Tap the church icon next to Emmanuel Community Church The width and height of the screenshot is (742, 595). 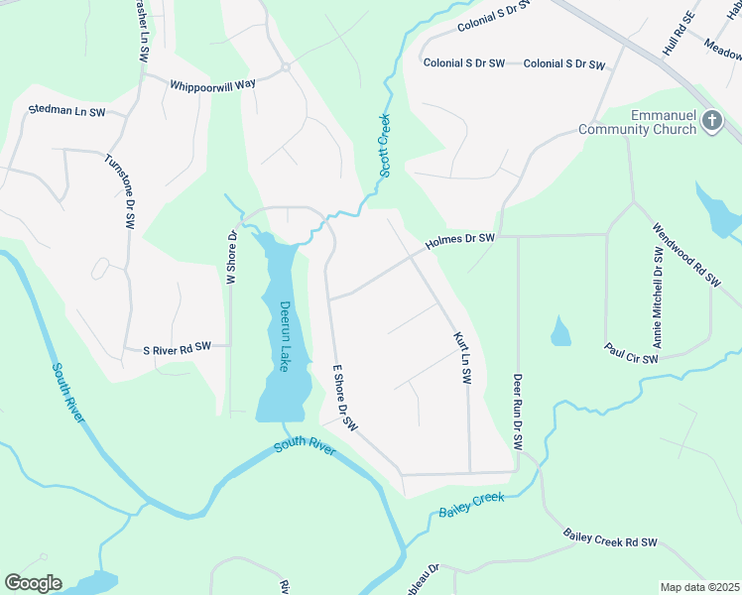click(x=711, y=121)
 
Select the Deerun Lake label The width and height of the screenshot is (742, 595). click(x=285, y=336)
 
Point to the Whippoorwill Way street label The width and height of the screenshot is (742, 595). click(x=213, y=84)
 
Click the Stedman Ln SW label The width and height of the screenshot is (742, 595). click(x=66, y=111)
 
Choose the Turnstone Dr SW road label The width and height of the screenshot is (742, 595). click(x=118, y=192)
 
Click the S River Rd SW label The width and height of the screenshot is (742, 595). click(x=178, y=347)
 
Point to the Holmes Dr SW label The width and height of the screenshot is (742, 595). click(x=460, y=239)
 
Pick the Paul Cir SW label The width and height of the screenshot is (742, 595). click(x=632, y=352)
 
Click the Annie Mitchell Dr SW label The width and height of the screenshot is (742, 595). click(x=658, y=299)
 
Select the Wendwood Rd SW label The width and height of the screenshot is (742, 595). click(x=685, y=255)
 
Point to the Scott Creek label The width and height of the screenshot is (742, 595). click(x=384, y=146)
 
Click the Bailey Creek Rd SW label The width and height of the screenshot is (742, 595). click(x=611, y=538)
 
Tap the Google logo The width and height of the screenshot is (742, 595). click(x=33, y=583)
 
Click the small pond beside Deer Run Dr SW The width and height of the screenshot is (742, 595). click(x=560, y=331)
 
